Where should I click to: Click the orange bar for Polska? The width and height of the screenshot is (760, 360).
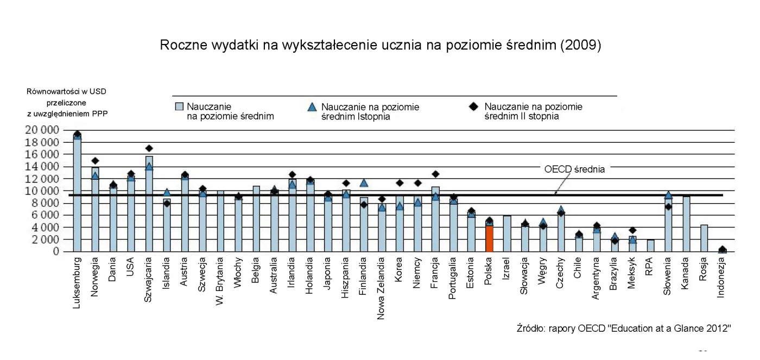[x=489, y=238]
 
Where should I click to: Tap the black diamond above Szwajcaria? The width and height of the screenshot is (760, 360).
[x=149, y=148]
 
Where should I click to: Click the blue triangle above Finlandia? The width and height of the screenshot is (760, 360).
[x=364, y=183]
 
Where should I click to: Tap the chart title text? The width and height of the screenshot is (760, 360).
[x=379, y=46]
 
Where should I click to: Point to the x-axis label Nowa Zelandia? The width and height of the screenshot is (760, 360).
[x=382, y=287]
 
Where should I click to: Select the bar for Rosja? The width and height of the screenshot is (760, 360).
[x=704, y=238]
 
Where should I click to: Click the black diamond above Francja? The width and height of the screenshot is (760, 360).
[x=435, y=174]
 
